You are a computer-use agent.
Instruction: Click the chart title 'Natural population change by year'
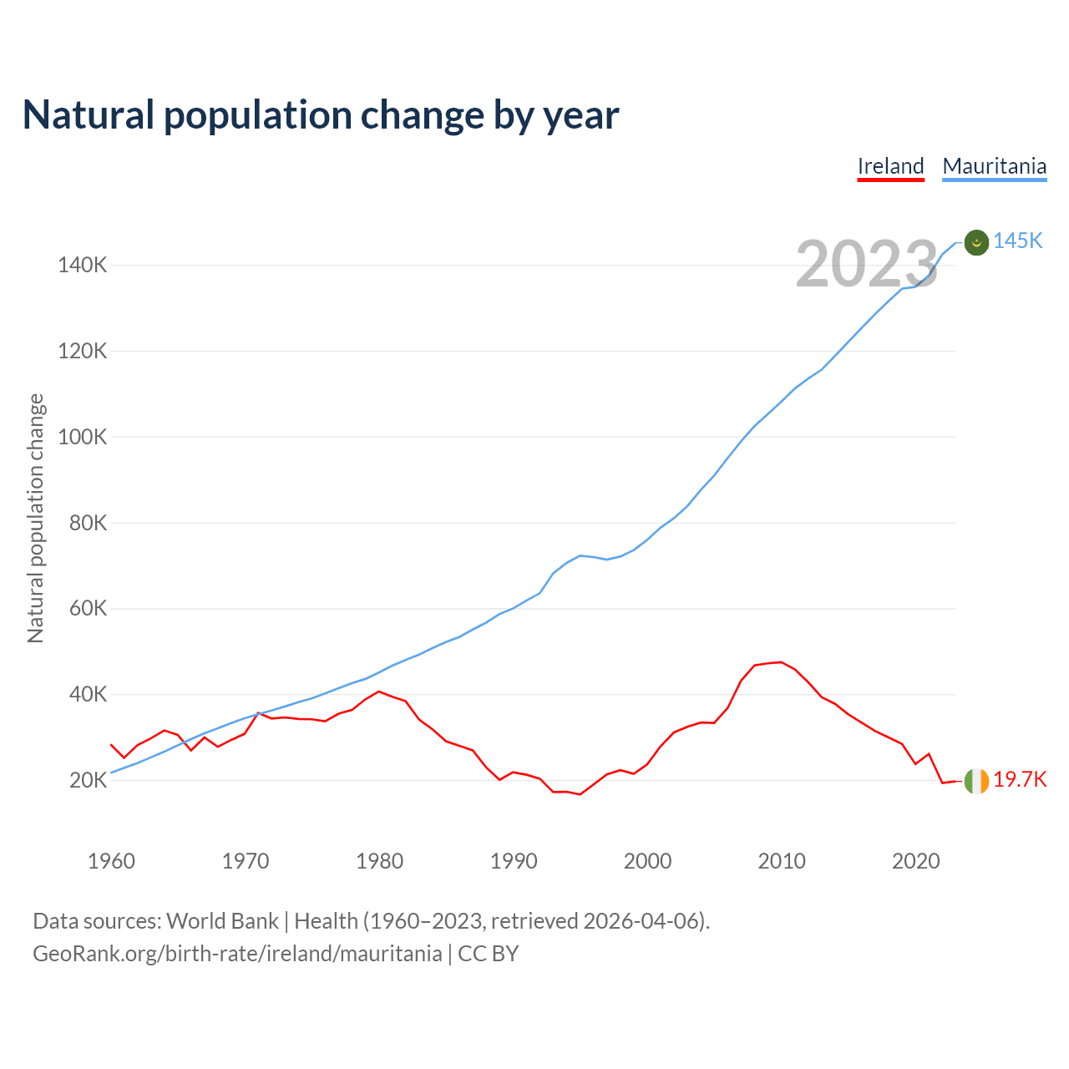coord(321,115)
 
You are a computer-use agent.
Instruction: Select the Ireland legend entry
coord(890,166)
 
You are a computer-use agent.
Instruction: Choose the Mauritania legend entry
coord(994,166)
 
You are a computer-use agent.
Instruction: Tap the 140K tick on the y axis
coord(82,266)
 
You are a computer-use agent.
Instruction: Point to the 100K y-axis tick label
coord(82,437)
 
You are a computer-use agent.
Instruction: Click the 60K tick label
coord(88,609)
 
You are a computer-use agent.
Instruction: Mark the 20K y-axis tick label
coord(88,781)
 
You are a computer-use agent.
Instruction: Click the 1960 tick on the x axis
coord(111,861)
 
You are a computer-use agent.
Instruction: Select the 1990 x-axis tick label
coord(514,861)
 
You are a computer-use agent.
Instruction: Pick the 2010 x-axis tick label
coord(782,861)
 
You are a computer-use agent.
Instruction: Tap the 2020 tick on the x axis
coord(916,861)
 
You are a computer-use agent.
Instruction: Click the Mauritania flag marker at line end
coord(976,242)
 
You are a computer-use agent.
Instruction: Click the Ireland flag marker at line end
coord(976,781)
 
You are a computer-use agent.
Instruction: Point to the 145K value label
coord(1018,241)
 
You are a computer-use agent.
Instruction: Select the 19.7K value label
coord(1020,780)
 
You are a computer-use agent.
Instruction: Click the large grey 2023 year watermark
coord(867,265)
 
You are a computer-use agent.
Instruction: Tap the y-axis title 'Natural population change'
coord(36,519)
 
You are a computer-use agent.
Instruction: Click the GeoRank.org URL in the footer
coord(237,954)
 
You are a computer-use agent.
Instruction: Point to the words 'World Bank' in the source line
coord(222,921)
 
